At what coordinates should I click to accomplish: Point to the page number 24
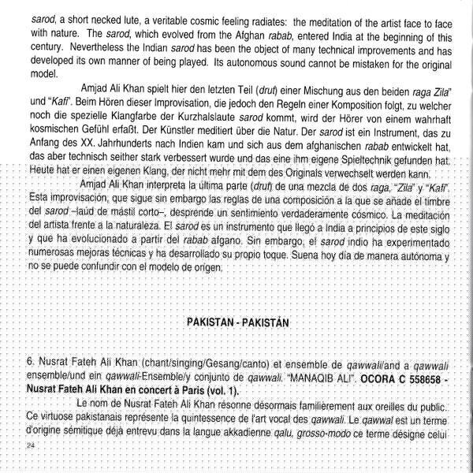click(x=31, y=445)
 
